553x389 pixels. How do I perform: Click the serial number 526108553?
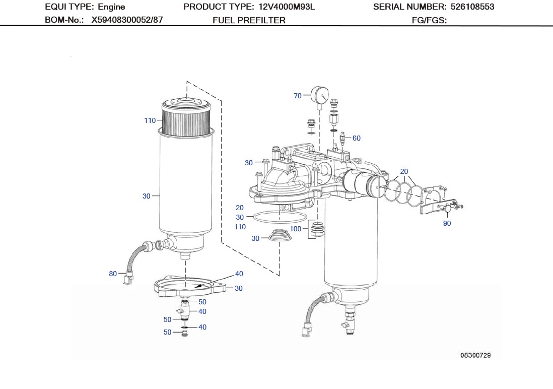tap(471, 7)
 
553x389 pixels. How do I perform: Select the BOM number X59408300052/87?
tap(127, 20)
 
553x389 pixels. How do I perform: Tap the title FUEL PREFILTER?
tap(249, 20)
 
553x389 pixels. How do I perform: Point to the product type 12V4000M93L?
tap(286, 7)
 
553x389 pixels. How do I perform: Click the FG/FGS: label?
tap(430, 20)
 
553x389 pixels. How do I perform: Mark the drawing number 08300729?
tap(475, 355)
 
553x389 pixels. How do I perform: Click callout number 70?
tap(297, 96)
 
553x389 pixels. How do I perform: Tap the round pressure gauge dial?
tap(319, 94)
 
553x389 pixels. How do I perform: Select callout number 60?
tap(356, 138)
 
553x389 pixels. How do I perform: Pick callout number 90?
tap(447, 223)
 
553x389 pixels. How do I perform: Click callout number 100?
tap(296, 229)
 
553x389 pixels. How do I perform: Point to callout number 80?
tap(113, 274)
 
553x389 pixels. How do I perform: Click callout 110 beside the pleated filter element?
tap(150, 120)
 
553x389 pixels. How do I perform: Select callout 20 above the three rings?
tap(404, 171)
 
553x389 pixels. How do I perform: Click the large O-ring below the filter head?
tap(279, 217)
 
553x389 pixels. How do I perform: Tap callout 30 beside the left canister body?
tap(146, 196)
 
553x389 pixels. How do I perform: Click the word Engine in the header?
tap(111, 7)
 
